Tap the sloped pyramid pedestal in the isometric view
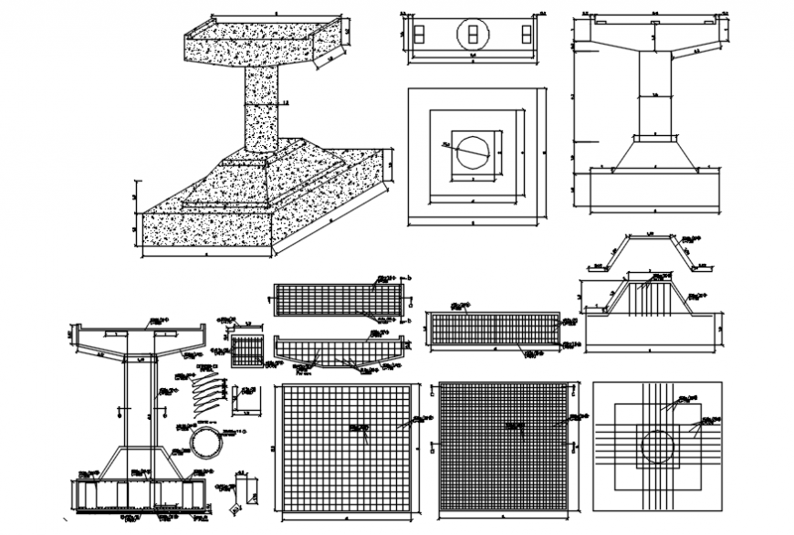274,178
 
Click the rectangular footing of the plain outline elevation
653,192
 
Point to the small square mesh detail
246,351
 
